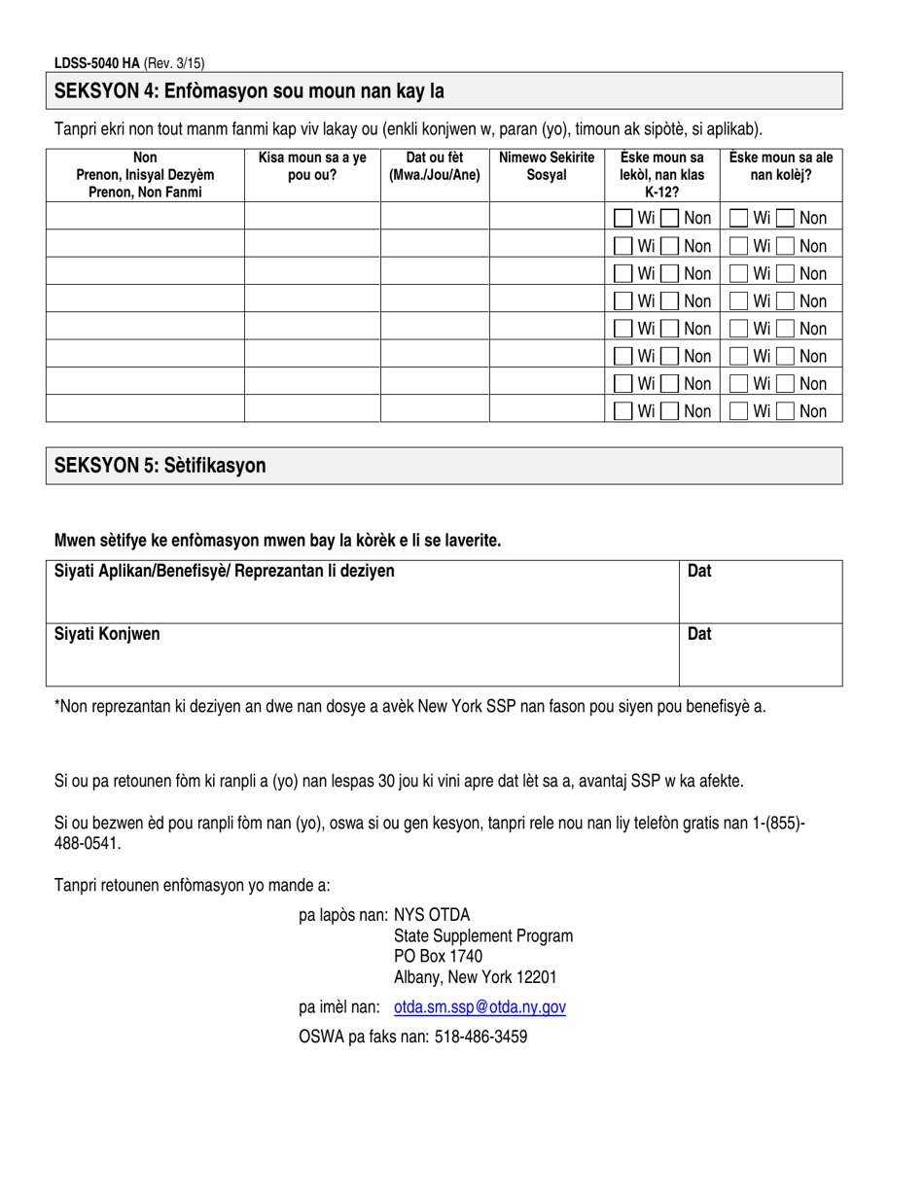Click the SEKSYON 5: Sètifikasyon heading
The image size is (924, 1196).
[x=160, y=466]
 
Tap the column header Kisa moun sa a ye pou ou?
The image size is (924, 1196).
[x=311, y=166]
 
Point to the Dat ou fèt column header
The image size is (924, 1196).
[x=434, y=166]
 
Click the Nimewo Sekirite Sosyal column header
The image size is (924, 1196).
[x=546, y=166]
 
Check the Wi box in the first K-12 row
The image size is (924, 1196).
[x=622, y=219]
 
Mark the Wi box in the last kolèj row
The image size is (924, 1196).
[x=740, y=411]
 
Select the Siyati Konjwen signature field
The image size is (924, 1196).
[x=361, y=654]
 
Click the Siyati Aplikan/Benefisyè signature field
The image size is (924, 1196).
[x=361, y=591]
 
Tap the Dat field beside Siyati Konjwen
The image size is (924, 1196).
[x=760, y=654]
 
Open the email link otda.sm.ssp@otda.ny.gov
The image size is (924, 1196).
[x=480, y=1008]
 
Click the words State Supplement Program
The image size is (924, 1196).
[x=483, y=935]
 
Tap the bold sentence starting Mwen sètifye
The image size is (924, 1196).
[x=278, y=540]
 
